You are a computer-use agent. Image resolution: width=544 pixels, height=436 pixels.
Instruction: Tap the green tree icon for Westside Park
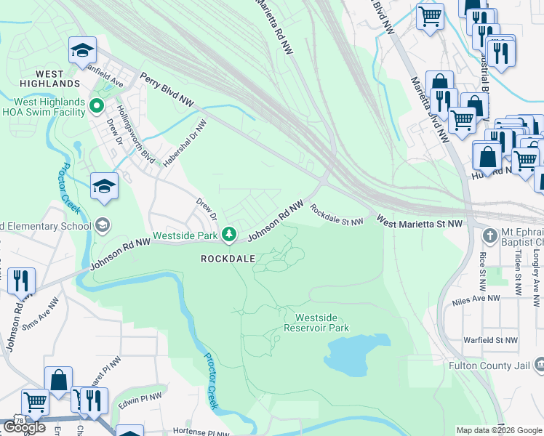pos(229,234)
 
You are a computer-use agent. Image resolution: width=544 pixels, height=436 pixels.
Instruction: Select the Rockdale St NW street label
pos(336,214)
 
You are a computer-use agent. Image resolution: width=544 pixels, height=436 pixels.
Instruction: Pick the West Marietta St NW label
pos(419,224)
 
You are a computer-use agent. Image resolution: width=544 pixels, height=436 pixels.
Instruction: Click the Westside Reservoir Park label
pos(322,323)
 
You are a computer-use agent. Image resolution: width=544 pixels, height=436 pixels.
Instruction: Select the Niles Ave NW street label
pos(476,299)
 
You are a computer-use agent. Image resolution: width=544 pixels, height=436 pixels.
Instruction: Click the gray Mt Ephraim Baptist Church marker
pos(489,235)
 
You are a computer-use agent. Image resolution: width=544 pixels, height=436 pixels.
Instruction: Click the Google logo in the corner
pos(23,427)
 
